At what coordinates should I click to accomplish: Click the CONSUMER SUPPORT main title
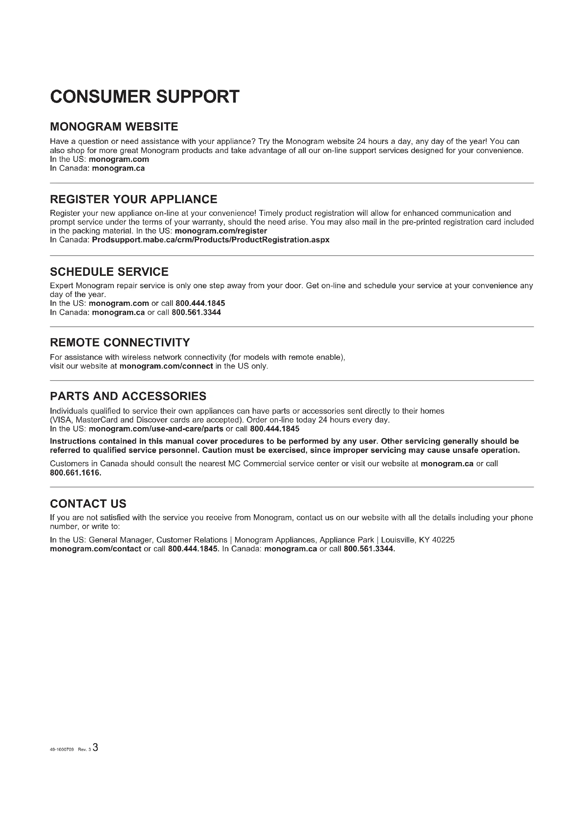(x=144, y=97)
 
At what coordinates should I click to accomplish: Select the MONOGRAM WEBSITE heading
(x=114, y=127)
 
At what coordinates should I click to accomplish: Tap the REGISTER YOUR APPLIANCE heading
(x=133, y=199)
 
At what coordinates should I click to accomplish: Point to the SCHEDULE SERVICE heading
(x=109, y=272)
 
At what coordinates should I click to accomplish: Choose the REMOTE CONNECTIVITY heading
(x=120, y=342)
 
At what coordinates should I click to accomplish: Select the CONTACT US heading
(x=88, y=504)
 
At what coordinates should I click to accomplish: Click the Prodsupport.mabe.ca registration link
(x=210, y=239)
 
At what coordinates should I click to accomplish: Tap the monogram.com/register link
(x=220, y=231)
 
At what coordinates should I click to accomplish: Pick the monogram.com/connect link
(x=166, y=366)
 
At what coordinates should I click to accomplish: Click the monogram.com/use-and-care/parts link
(x=156, y=429)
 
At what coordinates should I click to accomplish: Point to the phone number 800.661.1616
(x=76, y=473)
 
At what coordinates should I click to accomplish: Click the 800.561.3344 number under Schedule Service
(x=196, y=312)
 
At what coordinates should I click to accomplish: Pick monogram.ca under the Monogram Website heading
(x=118, y=168)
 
